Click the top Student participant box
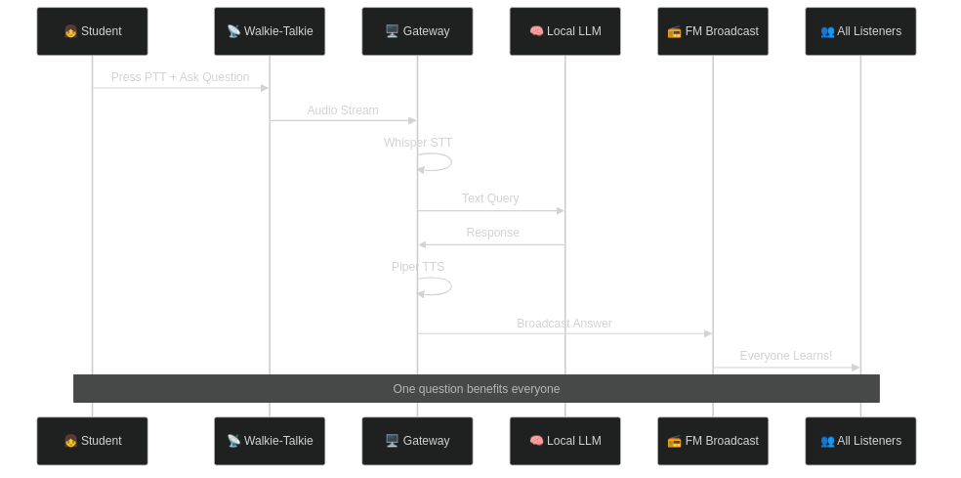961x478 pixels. [x=92, y=31]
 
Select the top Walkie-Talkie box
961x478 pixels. [x=270, y=31]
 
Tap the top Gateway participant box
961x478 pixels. [x=417, y=31]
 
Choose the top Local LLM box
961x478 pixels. [x=564, y=31]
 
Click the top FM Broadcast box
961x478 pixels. [x=712, y=31]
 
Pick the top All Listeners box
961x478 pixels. [x=860, y=31]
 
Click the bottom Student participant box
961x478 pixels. [x=92, y=441]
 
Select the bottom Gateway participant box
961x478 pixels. [x=417, y=441]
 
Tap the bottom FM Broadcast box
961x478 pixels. [x=712, y=441]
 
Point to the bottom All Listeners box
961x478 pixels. [x=860, y=441]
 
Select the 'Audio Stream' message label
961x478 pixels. [x=342, y=110]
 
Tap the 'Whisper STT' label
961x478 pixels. [x=418, y=143]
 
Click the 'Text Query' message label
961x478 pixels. [x=490, y=198]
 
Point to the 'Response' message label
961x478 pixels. [x=492, y=233]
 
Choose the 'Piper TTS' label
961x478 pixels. [x=418, y=267]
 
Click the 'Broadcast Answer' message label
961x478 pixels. [x=564, y=324]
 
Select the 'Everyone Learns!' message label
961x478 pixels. [x=785, y=356]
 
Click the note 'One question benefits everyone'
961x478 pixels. [x=477, y=389]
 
